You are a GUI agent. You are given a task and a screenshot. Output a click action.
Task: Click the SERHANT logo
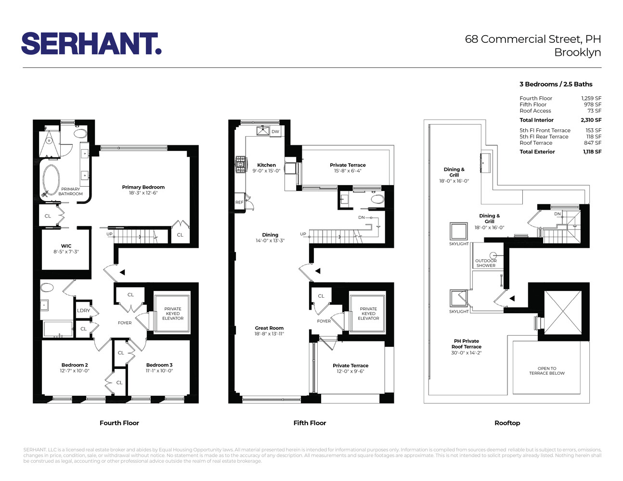point(91,44)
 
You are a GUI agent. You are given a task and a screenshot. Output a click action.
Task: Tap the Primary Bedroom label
point(143,187)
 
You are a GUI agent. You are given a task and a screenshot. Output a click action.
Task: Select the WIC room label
point(66,246)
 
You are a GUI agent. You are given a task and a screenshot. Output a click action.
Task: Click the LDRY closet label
point(83,310)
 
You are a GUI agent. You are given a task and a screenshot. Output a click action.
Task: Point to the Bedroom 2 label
point(75,365)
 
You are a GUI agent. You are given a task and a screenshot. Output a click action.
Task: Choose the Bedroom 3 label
point(159,365)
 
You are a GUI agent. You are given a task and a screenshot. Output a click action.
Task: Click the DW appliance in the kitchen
point(275,131)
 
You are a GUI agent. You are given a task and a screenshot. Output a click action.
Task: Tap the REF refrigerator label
point(239,203)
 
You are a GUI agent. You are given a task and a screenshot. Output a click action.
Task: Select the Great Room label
point(269,328)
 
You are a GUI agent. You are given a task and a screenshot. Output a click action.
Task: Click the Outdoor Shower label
point(486,263)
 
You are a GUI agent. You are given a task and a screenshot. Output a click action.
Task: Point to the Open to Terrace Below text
point(547,371)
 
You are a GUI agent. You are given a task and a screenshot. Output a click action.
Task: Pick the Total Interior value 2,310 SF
point(591,120)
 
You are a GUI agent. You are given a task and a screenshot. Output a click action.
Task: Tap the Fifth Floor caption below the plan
point(310,423)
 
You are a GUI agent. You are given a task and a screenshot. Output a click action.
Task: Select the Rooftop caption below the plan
point(507,423)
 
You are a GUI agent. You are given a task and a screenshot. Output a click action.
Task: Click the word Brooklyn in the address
point(577,52)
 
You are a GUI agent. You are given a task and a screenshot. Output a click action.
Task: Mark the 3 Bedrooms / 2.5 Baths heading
point(556,84)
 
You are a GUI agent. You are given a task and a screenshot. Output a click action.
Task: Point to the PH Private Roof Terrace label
point(466,344)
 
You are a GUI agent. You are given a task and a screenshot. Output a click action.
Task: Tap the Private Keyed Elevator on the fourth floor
point(172,313)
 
